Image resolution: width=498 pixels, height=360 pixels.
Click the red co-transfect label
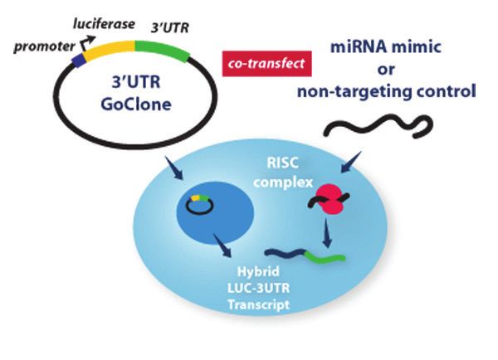tap(267, 62)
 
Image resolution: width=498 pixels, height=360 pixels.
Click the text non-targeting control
tap(387, 90)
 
